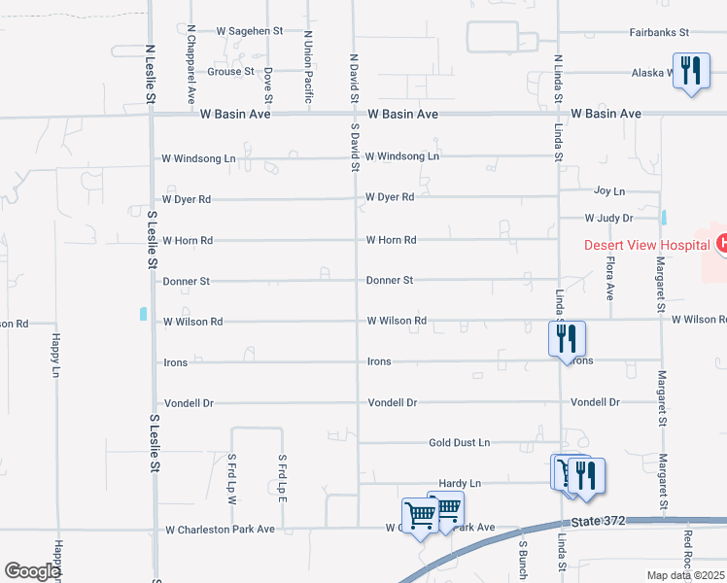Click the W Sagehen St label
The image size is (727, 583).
(x=250, y=31)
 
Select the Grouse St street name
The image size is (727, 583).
(x=230, y=72)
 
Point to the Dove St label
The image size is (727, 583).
(x=268, y=86)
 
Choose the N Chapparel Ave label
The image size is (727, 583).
(x=191, y=65)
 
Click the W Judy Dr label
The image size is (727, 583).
(x=608, y=219)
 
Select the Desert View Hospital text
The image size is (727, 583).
(x=646, y=245)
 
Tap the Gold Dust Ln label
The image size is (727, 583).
(x=460, y=443)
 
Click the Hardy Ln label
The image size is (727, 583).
(x=461, y=483)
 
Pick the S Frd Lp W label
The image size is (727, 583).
(x=232, y=477)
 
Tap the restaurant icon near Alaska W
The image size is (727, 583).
(x=690, y=71)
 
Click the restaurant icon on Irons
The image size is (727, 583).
(x=566, y=339)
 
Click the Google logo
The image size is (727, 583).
(x=32, y=571)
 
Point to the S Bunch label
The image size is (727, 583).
(x=522, y=554)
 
